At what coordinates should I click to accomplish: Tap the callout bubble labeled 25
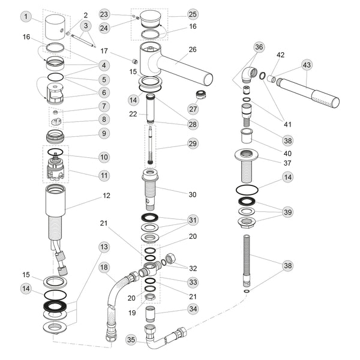(x=193, y=14)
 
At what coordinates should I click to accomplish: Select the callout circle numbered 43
(x=307, y=64)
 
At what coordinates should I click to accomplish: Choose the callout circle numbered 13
(x=104, y=247)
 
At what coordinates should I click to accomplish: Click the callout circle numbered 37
(x=288, y=163)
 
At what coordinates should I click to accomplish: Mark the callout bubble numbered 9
(x=104, y=133)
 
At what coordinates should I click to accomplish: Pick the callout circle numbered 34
(x=193, y=310)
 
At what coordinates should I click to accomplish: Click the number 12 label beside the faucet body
(x=107, y=196)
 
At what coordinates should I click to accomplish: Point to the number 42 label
(x=280, y=54)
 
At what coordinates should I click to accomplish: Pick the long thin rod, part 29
(x=148, y=144)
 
